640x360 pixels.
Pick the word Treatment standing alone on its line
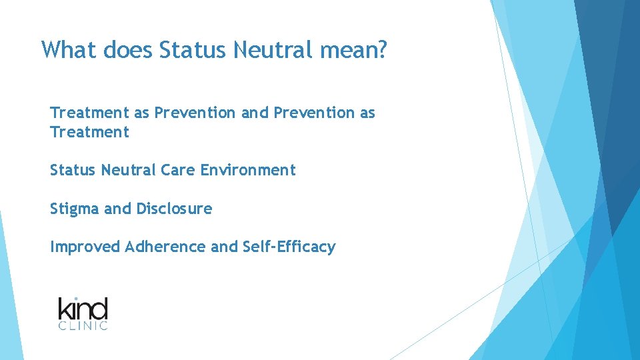pos(89,132)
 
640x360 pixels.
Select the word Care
pos(179,170)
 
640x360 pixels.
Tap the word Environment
pos(248,170)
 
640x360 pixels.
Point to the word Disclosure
pos(174,209)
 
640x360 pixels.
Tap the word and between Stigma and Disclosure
pos(118,209)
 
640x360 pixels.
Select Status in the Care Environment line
pos(73,170)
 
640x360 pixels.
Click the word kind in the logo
pos(83,309)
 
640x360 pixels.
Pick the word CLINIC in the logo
pos(83,326)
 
